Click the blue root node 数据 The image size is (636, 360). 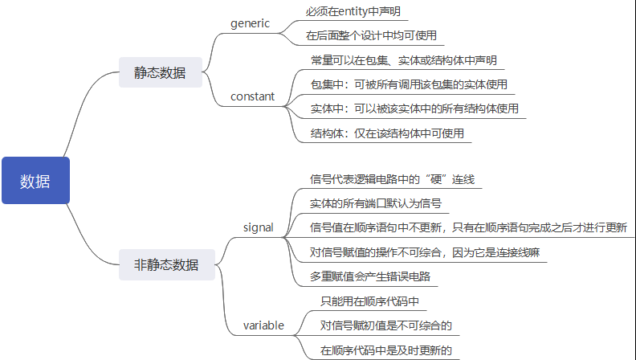[35, 181]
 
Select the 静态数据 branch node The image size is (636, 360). [159, 72]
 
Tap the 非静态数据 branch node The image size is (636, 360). [165, 264]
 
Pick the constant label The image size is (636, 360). [252, 96]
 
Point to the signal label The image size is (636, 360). [258, 227]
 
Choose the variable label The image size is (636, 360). [263, 325]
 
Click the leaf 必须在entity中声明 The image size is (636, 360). [353, 12]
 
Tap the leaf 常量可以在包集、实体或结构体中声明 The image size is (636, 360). [403, 60]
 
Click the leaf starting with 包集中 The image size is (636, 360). [408, 84]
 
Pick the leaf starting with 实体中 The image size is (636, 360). [414, 108]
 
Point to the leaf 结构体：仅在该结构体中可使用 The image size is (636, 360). [387, 133]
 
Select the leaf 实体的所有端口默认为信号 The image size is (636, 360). [375, 202]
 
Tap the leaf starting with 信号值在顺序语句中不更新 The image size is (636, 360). [468, 227]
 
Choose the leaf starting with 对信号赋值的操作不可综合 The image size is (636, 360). [424, 252]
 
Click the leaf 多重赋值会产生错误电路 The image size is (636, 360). [370, 276]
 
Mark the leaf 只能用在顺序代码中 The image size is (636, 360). [370, 301]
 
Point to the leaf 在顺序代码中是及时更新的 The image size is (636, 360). [385, 350]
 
